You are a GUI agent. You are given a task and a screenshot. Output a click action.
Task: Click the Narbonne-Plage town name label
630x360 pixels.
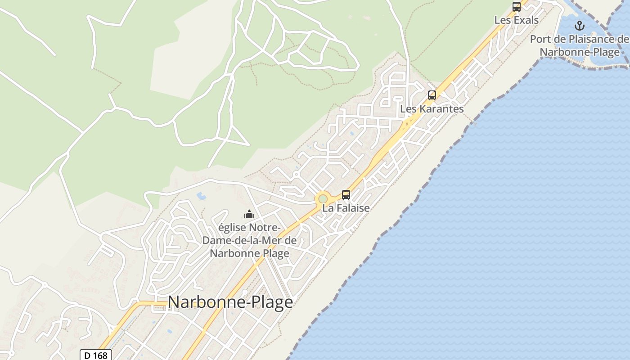pos(230,302)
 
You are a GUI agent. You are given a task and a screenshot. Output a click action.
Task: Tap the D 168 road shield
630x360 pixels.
pos(96,355)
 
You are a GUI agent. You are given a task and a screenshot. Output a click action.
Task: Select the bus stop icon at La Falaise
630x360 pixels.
pos(346,195)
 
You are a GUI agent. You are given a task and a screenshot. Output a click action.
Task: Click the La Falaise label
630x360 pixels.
pos(346,208)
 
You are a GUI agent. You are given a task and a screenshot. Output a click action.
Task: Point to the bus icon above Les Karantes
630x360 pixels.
pos(432,95)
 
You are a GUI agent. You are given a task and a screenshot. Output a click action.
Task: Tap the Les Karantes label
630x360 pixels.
pos(432,109)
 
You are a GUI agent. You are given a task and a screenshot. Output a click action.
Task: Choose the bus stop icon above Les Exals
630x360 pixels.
pos(516,7)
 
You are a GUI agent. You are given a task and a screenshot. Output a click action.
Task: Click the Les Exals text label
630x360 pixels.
pos(516,20)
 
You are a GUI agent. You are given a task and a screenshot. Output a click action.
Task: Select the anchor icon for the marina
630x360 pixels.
pos(580,26)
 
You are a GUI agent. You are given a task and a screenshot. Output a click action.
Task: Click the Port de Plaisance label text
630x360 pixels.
pos(580,45)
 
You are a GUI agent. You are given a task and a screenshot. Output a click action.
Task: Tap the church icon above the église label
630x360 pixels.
pos(249,214)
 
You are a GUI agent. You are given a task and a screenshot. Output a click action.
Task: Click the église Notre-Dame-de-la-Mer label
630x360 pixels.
pos(249,240)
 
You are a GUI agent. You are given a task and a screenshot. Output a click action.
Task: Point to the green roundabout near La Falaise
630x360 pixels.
pos(323,198)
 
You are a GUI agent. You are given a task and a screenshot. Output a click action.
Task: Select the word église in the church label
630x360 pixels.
pos(233,227)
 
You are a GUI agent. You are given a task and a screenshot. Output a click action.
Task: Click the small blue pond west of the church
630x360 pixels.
pos(201,196)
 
